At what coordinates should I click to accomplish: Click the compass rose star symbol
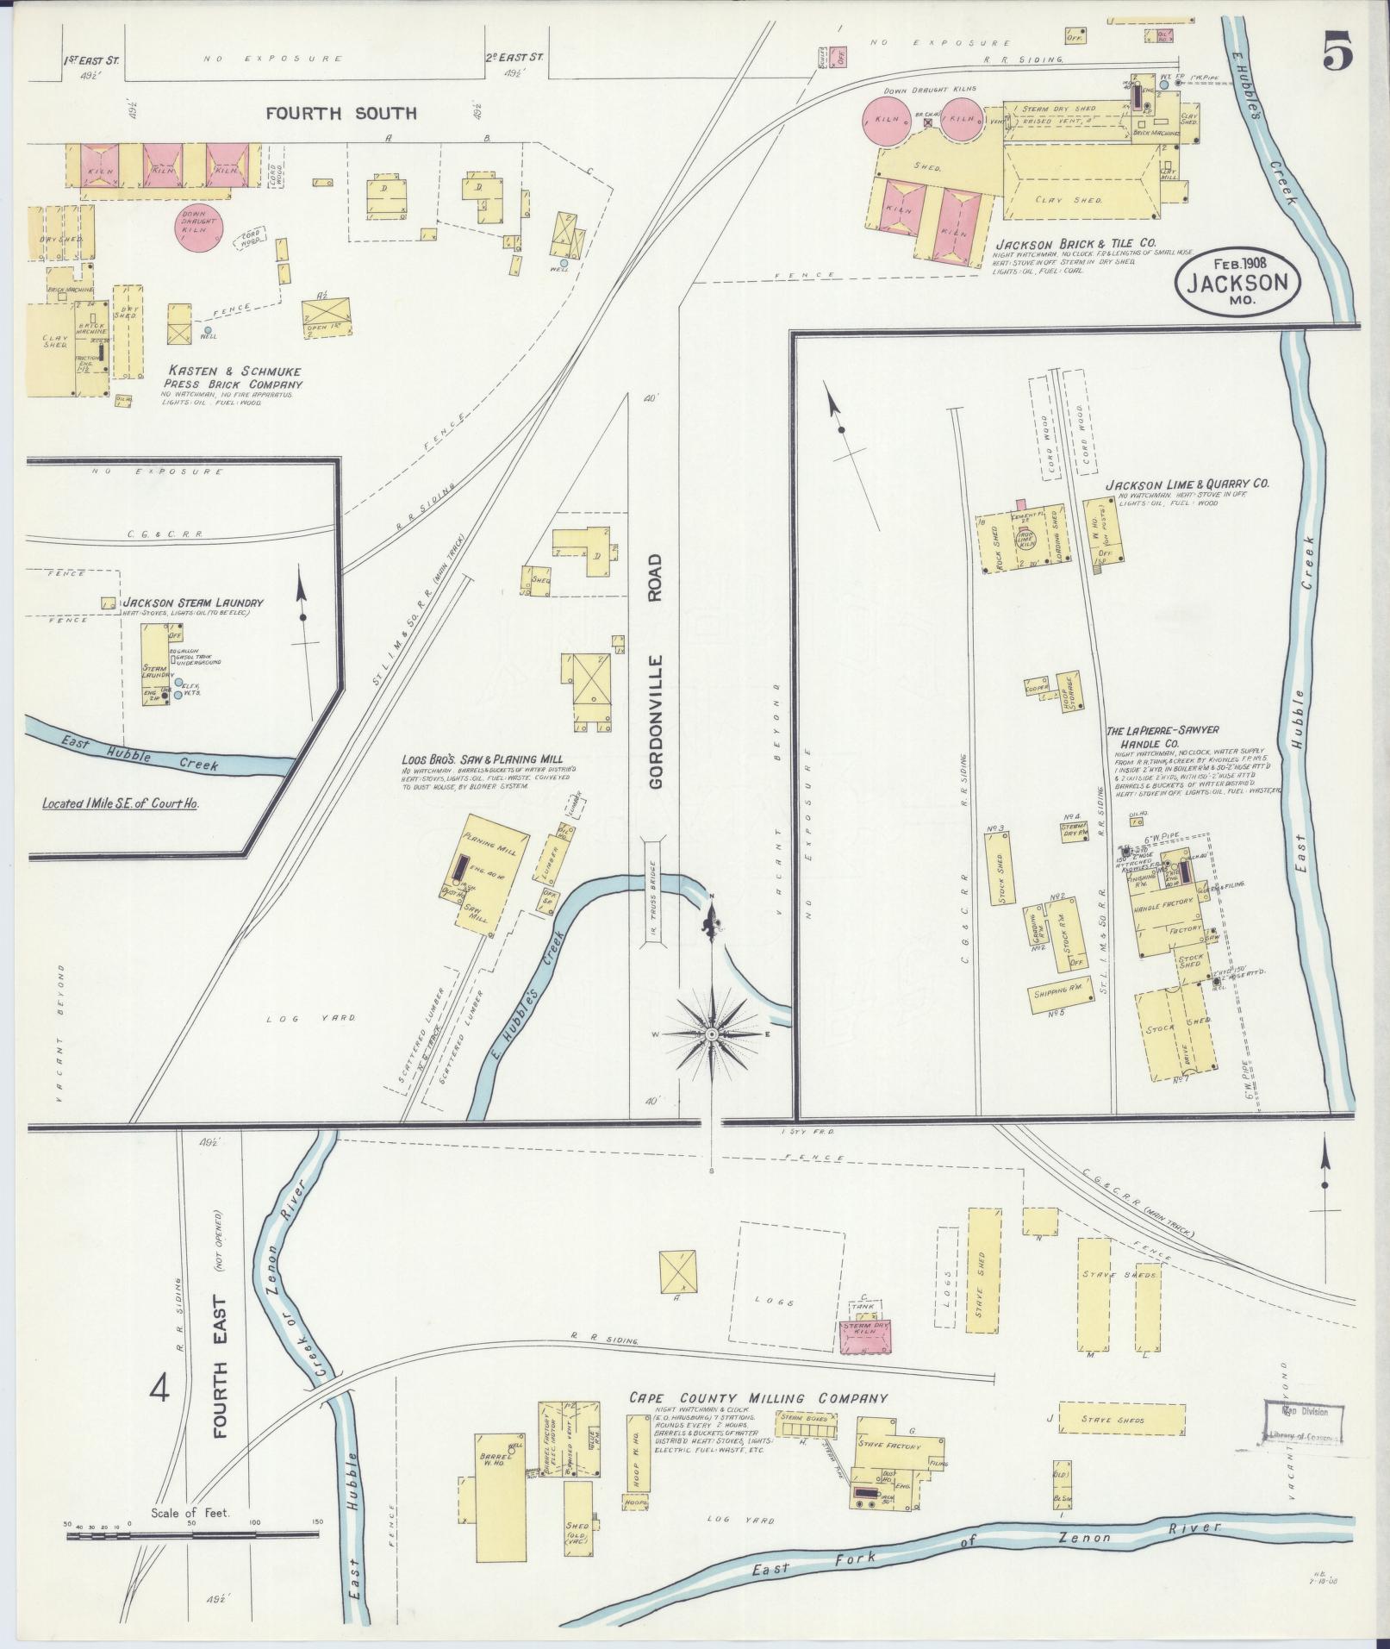pyautogui.click(x=713, y=1034)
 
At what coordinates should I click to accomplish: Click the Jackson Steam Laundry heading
pyautogui.click(x=192, y=603)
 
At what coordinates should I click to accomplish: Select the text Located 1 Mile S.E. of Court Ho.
pyautogui.click(x=121, y=803)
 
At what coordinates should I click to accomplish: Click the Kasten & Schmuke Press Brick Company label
pyautogui.click(x=234, y=378)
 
